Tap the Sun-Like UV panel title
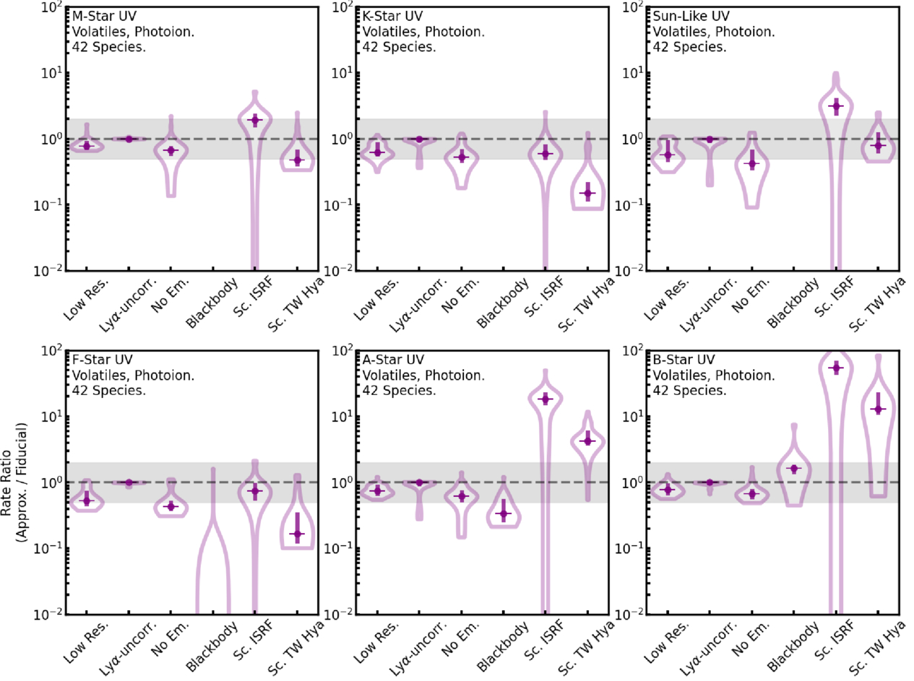click(687, 16)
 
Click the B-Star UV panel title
click(684, 360)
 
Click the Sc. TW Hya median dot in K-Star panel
click(587, 193)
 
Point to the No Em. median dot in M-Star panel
click(171, 150)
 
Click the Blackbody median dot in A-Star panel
click(503, 513)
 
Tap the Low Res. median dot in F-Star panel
click(87, 500)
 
